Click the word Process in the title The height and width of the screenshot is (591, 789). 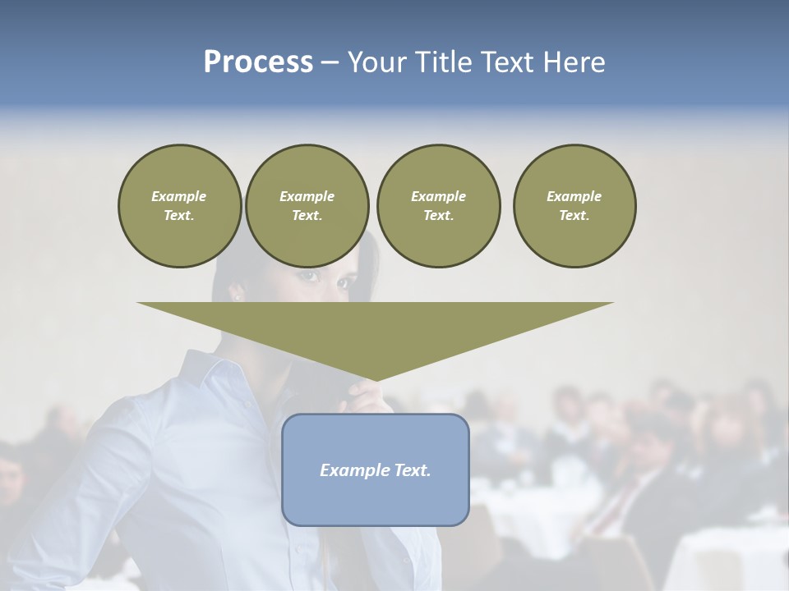click(x=258, y=62)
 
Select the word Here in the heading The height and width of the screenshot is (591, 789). click(x=574, y=62)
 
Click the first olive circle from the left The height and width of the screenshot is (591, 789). click(x=179, y=206)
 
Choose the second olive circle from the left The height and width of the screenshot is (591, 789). click(x=307, y=206)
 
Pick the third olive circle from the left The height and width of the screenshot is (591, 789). click(x=438, y=206)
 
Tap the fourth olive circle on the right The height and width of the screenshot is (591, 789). click(x=574, y=206)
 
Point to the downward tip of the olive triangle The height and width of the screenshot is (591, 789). click(x=375, y=380)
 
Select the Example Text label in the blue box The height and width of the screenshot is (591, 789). click(x=375, y=470)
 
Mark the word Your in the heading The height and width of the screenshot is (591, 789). click(x=375, y=62)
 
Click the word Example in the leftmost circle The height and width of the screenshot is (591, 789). click(x=179, y=196)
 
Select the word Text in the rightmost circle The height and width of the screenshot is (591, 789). click(x=574, y=216)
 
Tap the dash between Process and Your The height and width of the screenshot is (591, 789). click(x=330, y=62)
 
